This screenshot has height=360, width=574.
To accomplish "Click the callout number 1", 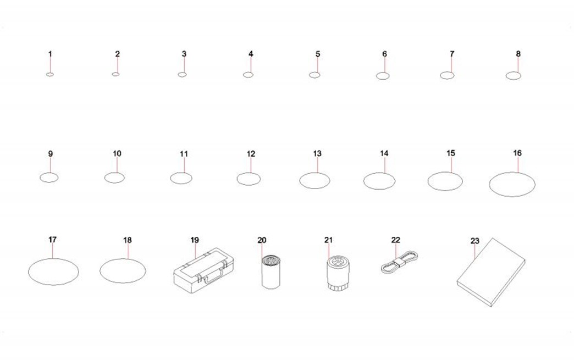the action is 50,54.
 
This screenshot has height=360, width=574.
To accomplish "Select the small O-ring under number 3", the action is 182,73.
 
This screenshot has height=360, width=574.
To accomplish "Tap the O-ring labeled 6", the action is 383,73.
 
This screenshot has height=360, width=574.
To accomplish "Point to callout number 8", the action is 518,54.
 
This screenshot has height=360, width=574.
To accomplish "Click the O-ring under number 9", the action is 49,174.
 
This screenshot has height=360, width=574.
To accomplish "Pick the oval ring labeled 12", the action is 249,173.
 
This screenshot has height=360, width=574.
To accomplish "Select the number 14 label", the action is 384,153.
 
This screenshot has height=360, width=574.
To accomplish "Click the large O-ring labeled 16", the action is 512,173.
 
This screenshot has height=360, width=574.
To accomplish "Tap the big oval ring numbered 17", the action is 53,259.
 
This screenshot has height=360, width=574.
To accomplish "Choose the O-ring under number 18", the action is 123,259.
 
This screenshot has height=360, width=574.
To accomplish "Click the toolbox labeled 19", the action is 203,271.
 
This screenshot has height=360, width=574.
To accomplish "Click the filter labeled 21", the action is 339,274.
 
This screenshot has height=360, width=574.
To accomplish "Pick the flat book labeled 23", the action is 492,273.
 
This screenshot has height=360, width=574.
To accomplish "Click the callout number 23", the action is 475,241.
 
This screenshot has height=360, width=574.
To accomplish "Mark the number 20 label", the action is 262,240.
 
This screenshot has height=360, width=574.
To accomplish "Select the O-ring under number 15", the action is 445,172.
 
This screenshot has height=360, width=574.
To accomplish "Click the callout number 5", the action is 318,54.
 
